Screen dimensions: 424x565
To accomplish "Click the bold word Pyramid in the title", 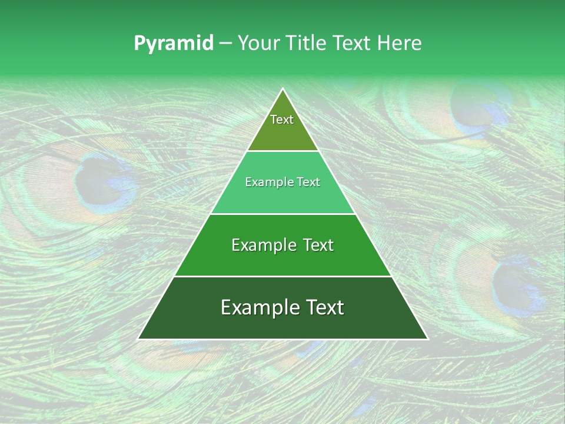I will tap(173, 44).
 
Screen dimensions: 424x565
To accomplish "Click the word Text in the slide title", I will tap(353, 44).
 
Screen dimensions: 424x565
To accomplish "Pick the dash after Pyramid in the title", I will tap(225, 44).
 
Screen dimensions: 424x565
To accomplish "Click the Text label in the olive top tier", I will tap(282, 120).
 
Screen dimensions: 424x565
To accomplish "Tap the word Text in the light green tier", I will tap(308, 183).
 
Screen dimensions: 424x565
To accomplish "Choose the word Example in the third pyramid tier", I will tap(264, 245).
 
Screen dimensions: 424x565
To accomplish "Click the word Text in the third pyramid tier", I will tap(318, 245).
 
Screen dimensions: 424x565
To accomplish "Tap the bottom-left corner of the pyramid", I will tap(138, 339).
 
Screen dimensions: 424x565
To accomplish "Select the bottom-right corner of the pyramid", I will tap(427, 339).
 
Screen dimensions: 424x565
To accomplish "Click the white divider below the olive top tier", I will tap(282, 151).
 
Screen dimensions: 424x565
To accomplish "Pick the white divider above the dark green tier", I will tap(282, 276).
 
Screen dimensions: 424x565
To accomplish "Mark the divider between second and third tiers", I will tap(282, 214).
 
